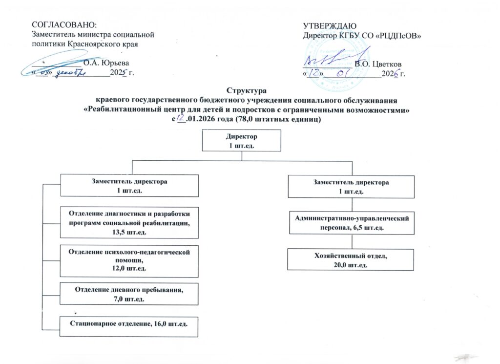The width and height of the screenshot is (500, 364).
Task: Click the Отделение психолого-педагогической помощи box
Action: pos(129,259)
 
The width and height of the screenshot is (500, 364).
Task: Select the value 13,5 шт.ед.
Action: pos(129,232)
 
